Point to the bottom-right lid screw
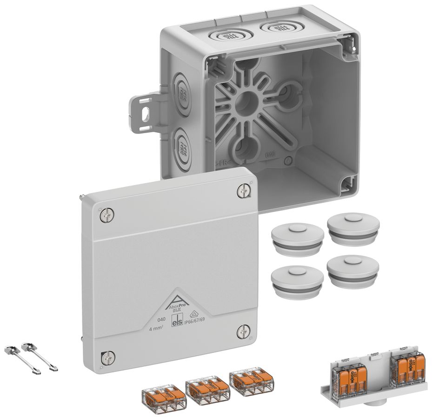(x=243, y=331)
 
